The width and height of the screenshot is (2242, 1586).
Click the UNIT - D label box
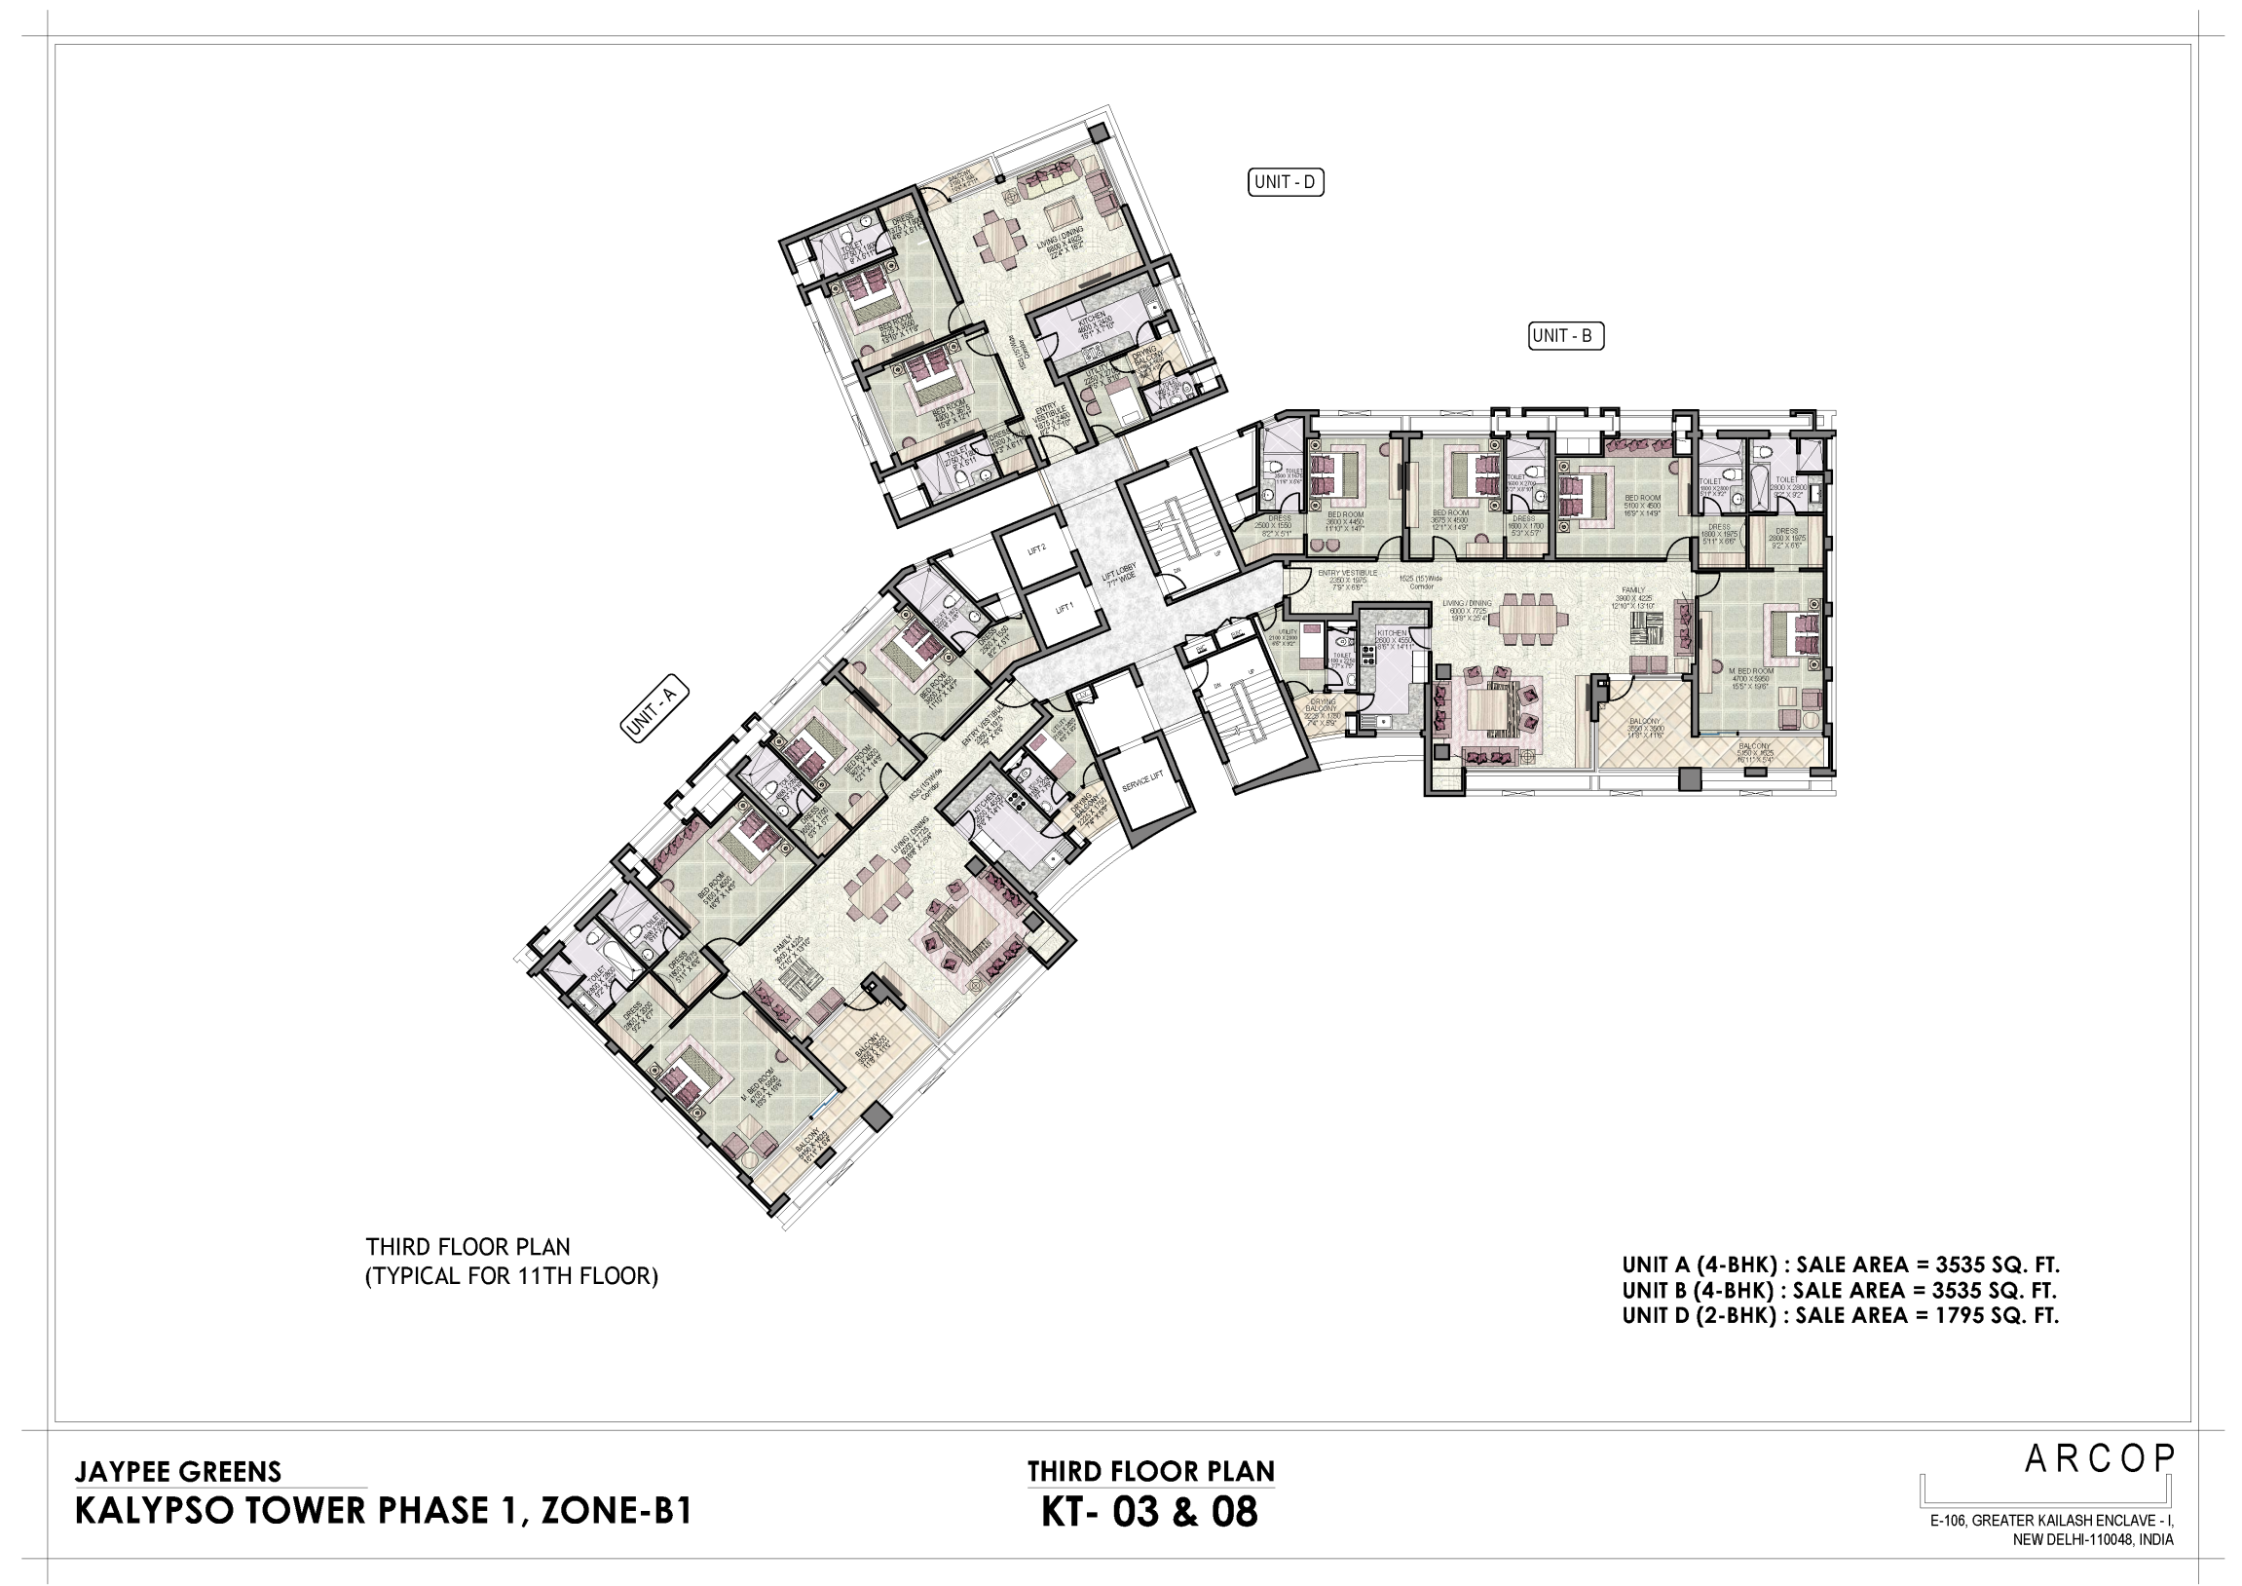pyautogui.click(x=1286, y=182)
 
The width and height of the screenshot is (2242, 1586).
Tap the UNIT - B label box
pyautogui.click(x=1565, y=336)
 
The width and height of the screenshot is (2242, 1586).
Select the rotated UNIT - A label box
pyautogui.click(x=654, y=710)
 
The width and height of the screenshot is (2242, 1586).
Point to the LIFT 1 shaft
pyautogui.click(x=1064, y=608)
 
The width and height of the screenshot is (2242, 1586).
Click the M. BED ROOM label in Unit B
pyautogui.click(x=1751, y=671)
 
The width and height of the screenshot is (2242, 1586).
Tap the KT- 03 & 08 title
pyautogui.click(x=1149, y=1513)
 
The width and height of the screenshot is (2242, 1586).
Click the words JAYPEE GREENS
pyautogui.click(x=177, y=1472)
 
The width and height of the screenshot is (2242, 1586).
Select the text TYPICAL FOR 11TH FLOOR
pyautogui.click(x=511, y=1276)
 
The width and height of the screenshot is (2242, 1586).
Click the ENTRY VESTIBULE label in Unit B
pyautogui.click(x=1347, y=573)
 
